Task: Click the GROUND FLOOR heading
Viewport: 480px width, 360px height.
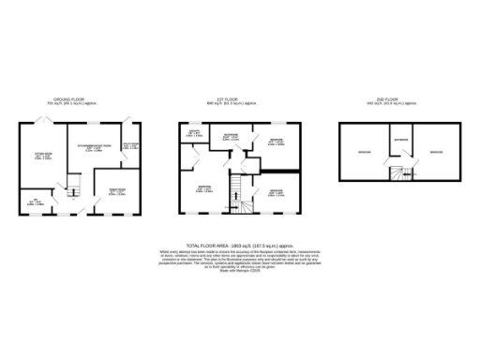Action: (70, 97)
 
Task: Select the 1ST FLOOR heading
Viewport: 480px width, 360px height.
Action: (239, 97)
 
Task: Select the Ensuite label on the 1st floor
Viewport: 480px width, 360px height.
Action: (192, 134)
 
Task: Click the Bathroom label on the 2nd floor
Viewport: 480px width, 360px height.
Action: (400, 142)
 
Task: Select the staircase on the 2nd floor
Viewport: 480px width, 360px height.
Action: (400, 173)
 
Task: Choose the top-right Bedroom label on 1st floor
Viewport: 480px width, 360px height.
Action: (277, 142)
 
